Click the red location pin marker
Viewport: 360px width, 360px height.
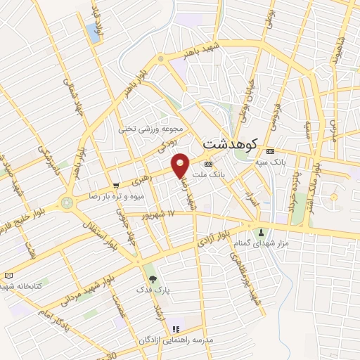[x=181, y=165]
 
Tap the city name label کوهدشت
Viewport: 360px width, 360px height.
[x=231, y=143]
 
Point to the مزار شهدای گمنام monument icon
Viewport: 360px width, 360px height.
[x=262, y=232]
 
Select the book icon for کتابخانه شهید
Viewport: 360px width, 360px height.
[x=8, y=275]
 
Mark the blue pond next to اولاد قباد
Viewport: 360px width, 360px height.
[x=92, y=31]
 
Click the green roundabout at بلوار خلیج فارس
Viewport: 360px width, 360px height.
[x=67, y=203]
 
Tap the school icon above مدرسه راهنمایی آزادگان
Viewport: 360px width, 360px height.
[x=176, y=328]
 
